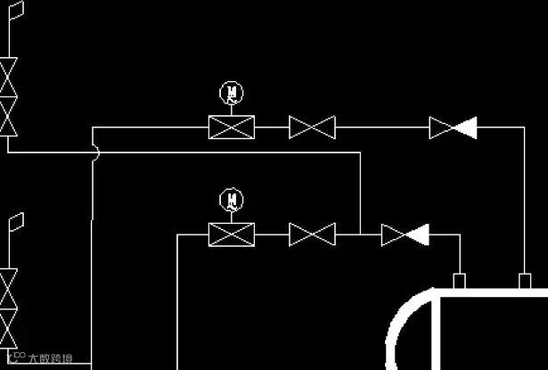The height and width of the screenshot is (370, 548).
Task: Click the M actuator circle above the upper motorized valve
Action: [232, 93]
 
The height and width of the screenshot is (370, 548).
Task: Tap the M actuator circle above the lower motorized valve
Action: [232, 199]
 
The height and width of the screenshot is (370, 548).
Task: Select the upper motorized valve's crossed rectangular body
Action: [232, 128]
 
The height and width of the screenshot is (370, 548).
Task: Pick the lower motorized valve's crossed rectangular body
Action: [232, 234]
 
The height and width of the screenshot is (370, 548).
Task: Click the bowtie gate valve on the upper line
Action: [312, 128]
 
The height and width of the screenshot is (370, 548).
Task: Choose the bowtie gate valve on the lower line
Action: [312, 234]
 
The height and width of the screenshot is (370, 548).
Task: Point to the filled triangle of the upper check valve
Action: [464, 128]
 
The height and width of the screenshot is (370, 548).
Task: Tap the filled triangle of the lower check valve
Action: [417, 234]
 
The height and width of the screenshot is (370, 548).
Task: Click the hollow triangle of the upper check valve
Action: [441, 128]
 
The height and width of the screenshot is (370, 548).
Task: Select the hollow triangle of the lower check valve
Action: [393, 234]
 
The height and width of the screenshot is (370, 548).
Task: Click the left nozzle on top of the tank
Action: [460, 281]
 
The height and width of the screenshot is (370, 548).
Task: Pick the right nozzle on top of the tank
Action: [525, 281]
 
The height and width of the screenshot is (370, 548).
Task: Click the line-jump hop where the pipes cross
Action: [95, 153]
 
